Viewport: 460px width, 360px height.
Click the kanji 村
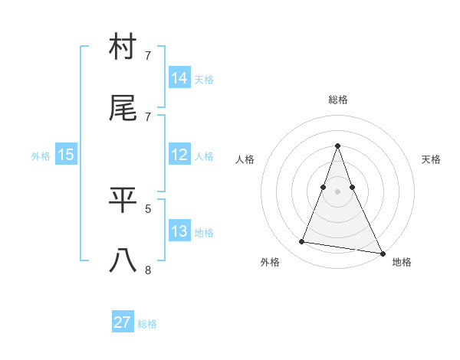[123, 49]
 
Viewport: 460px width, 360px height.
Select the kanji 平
[123, 201]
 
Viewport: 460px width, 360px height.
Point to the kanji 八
[123, 260]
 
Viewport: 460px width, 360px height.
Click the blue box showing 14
[179, 77]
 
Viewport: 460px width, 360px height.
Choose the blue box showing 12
[179, 155]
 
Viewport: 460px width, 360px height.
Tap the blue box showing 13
[179, 231]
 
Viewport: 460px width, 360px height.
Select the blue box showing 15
[66, 155]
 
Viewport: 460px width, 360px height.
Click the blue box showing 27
[123, 322]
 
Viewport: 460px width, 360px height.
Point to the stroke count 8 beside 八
[148, 269]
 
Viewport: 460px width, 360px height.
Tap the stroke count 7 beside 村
[148, 56]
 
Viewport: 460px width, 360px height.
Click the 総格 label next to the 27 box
[147, 324]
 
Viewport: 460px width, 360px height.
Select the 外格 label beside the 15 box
[41, 156]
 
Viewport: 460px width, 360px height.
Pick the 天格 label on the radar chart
[431, 159]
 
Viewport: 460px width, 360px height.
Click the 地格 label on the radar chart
[402, 262]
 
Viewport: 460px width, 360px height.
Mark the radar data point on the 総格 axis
[337, 146]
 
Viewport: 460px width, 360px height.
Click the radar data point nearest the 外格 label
[302, 242]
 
